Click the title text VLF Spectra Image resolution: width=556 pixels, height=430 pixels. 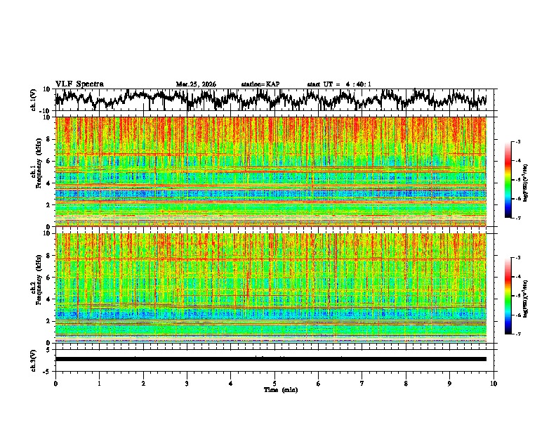point(79,84)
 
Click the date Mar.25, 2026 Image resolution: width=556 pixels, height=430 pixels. point(196,84)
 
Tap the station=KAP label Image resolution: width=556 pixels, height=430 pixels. point(260,84)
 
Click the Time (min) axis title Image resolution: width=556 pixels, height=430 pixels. point(280,389)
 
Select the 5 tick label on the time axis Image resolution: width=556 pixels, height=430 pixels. point(274,383)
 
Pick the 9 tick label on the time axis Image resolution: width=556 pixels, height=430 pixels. point(450,383)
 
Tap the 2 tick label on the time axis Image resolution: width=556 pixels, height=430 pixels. point(143,383)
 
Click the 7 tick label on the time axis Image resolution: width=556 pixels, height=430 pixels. point(362,383)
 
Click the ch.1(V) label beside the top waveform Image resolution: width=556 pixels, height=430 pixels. point(34,100)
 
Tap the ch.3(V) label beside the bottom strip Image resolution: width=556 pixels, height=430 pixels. point(34,359)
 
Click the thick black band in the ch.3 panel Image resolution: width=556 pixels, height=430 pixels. point(270,359)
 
